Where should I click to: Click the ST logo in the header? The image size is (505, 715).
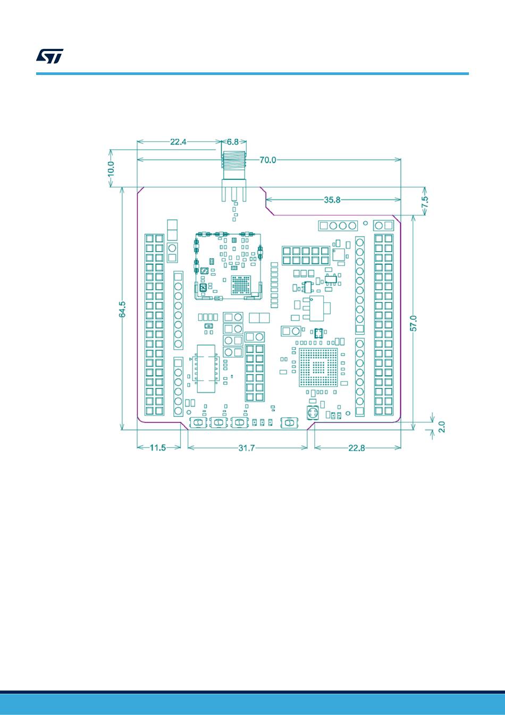coord(49,56)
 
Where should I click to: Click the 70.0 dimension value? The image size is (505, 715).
coord(268,160)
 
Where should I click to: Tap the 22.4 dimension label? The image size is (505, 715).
coord(178,142)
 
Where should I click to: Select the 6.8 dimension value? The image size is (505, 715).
coord(233,142)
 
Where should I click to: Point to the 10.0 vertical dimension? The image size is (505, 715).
coord(111,168)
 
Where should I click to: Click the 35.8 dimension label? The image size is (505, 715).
coord(332,200)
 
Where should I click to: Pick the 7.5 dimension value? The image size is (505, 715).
coord(425,202)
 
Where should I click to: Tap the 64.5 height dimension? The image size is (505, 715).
coord(122,309)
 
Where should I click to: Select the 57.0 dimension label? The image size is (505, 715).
coord(414,323)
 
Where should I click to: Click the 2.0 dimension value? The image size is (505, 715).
coord(442,427)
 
